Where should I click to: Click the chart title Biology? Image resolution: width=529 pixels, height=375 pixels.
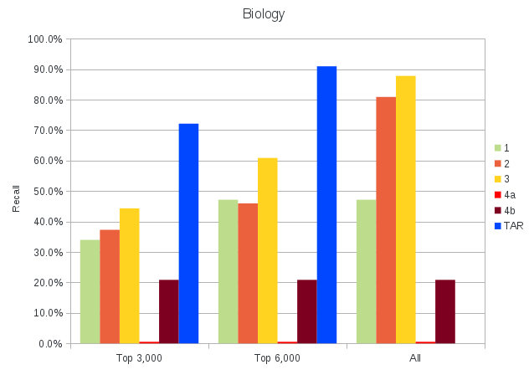(x=264, y=14)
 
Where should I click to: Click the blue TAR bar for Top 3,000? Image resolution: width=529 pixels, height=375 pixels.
(x=188, y=234)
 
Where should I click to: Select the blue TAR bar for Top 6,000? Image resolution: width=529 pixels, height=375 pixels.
(x=326, y=204)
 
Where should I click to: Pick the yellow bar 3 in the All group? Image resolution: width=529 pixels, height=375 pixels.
(x=405, y=209)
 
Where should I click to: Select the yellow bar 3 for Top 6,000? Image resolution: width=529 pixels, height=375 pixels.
(x=267, y=250)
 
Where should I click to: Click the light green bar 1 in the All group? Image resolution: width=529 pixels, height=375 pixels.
(x=366, y=271)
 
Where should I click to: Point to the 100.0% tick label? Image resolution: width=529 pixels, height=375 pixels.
(x=45, y=39)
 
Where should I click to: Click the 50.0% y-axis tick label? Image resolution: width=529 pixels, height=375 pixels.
(x=47, y=192)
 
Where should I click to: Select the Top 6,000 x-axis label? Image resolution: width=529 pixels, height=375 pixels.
(x=277, y=358)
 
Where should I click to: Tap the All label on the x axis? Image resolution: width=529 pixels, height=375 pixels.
(x=415, y=358)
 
